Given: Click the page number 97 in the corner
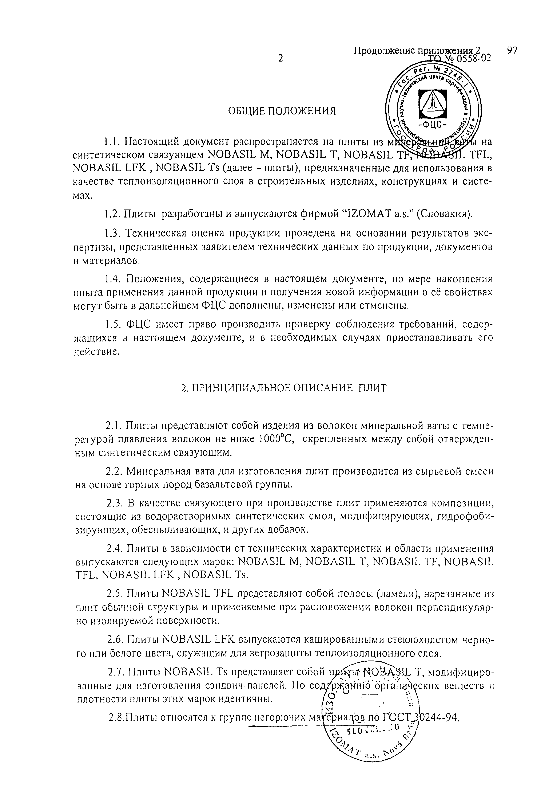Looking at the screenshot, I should click(512, 51).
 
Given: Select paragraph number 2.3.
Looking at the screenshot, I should click(114, 504).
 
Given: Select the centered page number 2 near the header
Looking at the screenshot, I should click(280, 58).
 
